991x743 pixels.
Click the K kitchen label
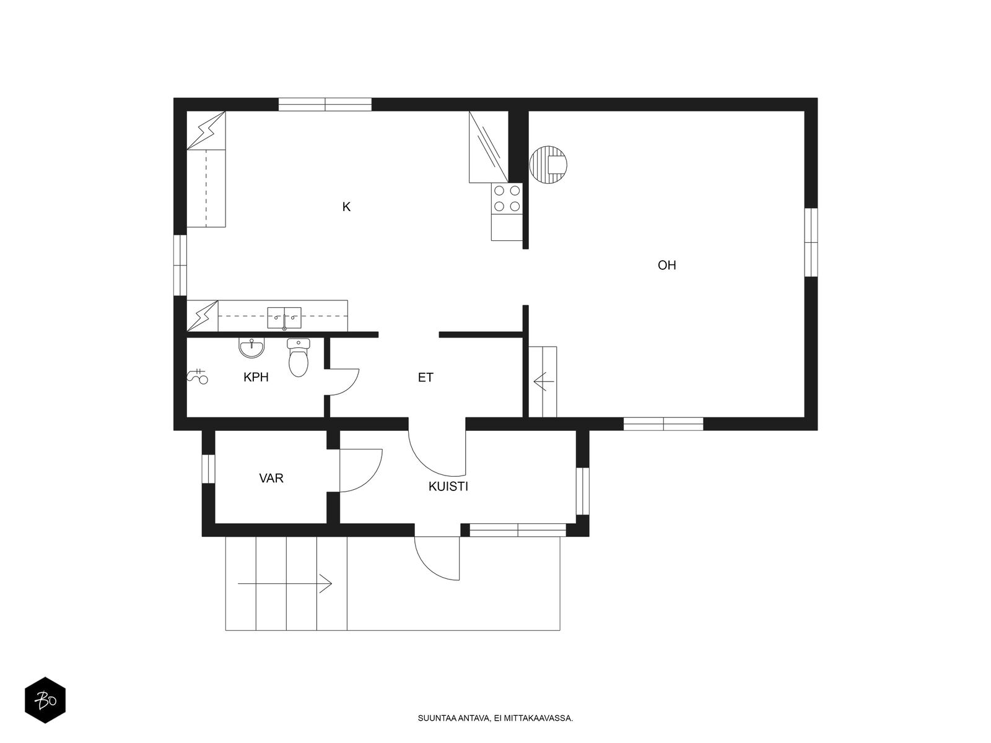(x=346, y=207)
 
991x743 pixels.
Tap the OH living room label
(x=666, y=265)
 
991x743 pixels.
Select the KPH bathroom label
(x=256, y=377)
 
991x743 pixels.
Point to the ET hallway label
(x=426, y=378)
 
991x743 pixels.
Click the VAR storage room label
(x=271, y=478)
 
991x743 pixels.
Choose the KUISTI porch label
(x=448, y=486)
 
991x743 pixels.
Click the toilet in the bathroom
(x=299, y=357)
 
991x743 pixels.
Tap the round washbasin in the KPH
(x=251, y=348)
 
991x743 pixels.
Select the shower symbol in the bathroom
(x=197, y=376)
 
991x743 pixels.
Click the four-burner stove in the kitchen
(x=507, y=198)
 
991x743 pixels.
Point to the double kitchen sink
(x=284, y=318)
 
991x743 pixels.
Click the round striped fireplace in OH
(x=548, y=165)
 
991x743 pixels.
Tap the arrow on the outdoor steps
(x=285, y=583)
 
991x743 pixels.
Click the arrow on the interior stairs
(x=544, y=382)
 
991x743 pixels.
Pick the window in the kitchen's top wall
(x=325, y=104)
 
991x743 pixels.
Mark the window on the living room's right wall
(x=811, y=242)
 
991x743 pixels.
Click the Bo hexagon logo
(x=45, y=700)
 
